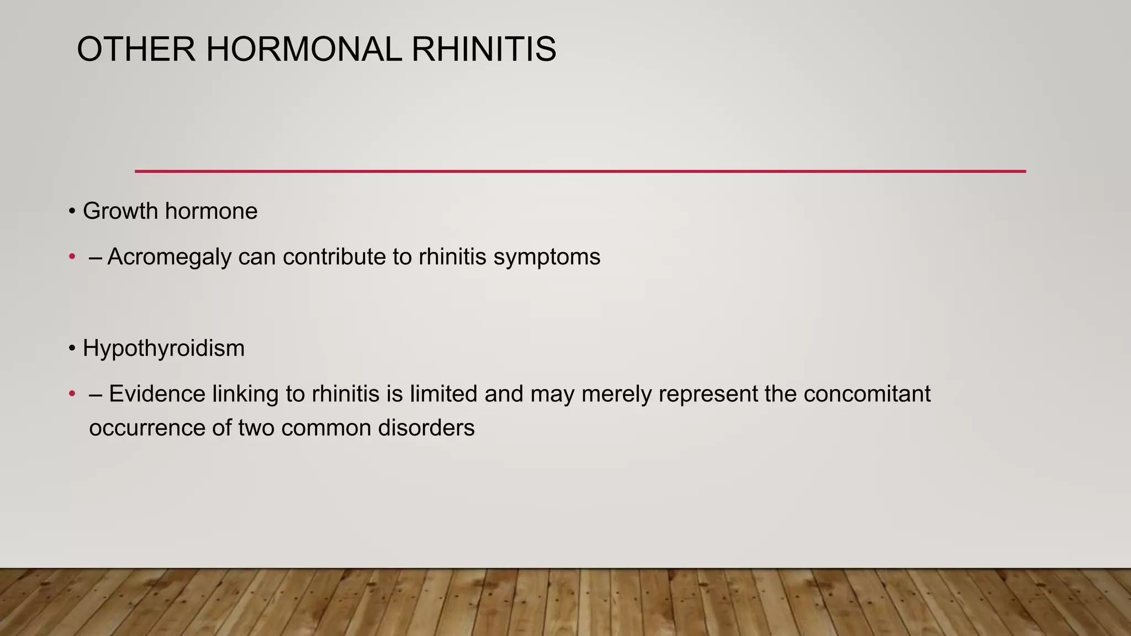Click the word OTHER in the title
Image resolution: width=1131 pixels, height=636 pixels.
(136, 49)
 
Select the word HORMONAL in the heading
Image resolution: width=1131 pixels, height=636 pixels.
(304, 49)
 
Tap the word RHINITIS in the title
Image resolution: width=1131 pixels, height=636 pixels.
(484, 49)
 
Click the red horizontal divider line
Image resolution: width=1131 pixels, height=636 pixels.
(580, 171)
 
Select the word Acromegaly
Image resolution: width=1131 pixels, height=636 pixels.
(169, 257)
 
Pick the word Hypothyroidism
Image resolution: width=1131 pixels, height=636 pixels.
(163, 348)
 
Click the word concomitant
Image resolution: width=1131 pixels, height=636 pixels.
(867, 394)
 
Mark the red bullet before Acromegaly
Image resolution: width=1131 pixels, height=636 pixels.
(72, 257)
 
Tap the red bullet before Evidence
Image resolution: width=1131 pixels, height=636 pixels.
(72, 394)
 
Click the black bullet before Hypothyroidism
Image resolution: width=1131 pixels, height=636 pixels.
(72, 348)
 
